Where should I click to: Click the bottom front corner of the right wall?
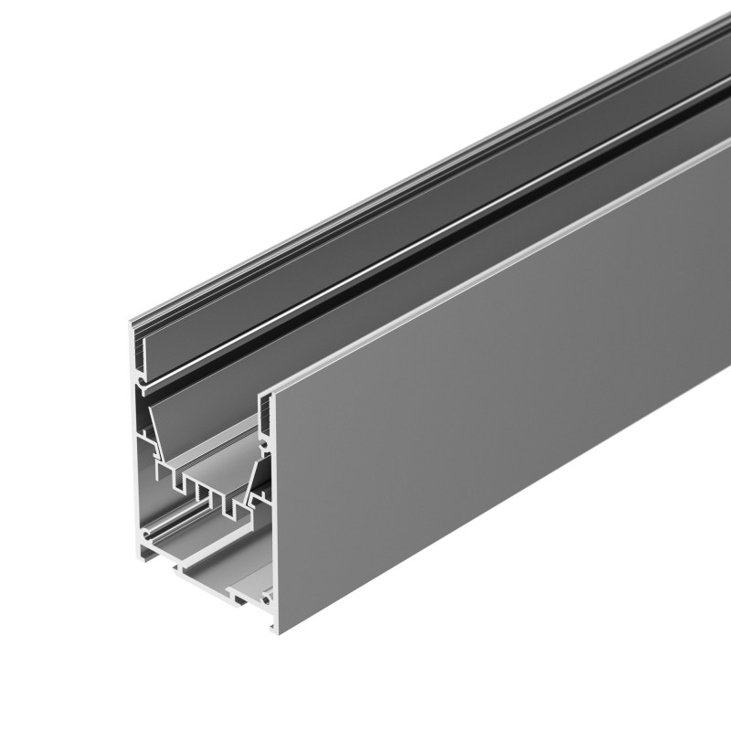[x=274, y=629]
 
